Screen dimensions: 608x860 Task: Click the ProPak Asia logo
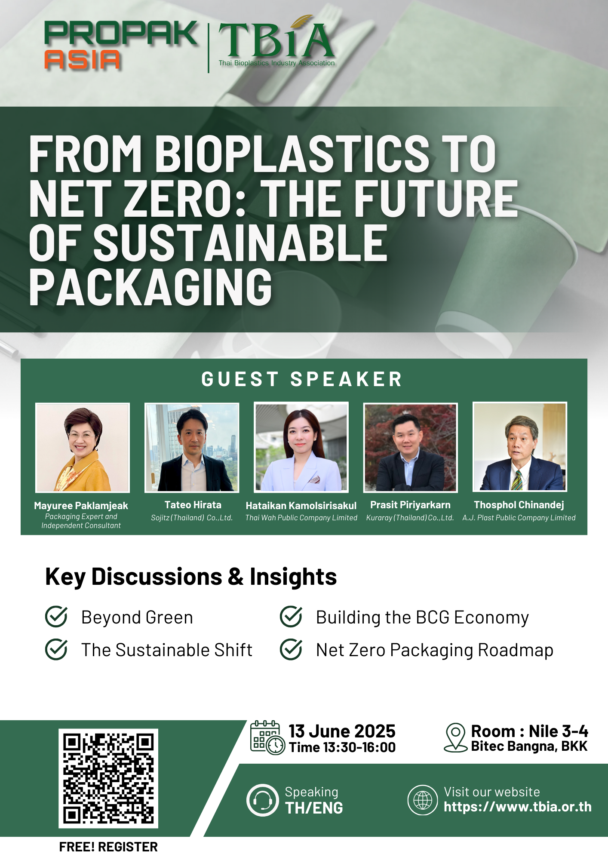(x=121, y=46)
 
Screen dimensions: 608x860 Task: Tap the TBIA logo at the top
(x=276, y=42)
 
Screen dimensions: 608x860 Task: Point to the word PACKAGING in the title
(x=150, y=287)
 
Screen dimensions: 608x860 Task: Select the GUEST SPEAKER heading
(x=302, y=379)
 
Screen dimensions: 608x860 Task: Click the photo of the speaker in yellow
(x=83, y=448)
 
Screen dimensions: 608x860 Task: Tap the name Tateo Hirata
(x=193, y=505)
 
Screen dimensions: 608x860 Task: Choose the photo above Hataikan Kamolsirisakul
(x=301, y=447)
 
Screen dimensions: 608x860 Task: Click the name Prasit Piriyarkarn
(x=410, y=505)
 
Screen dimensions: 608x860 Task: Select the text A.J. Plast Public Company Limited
(x=519, y=518)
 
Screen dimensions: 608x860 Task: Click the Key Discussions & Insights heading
(x=191, y=577)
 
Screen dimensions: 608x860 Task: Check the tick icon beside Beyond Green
(x=56, y=617)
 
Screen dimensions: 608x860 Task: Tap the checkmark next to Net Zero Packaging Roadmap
(x=291, y=649)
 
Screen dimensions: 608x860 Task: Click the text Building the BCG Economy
(x=422, y=617)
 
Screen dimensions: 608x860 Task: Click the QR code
(x=108, y=778)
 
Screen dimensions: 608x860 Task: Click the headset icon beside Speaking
(x=262, y=800)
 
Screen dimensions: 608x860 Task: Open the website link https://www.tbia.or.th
(x=518, y=807)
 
